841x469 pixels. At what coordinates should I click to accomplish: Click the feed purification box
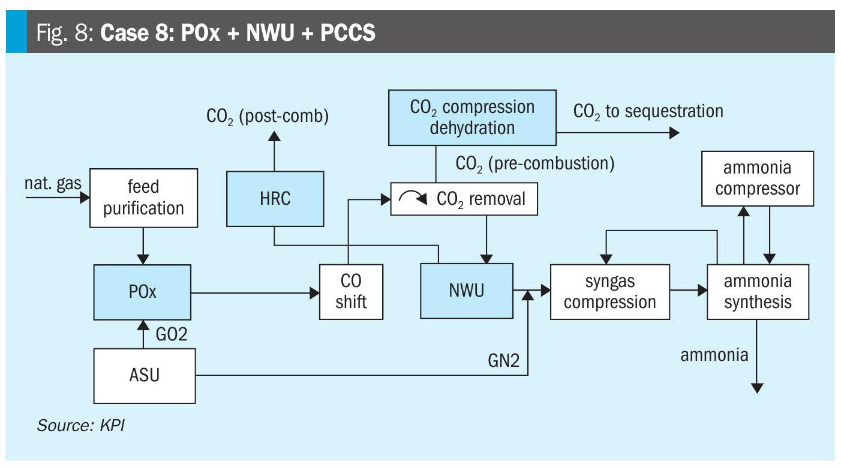click(x=143, y=198)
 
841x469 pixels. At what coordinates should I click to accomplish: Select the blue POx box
click(x=143, y=292)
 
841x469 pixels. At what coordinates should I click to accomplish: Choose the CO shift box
click(x=351, y=292)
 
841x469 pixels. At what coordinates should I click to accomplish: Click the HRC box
click(x=275, y=199)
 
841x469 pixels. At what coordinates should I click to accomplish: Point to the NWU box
click(x=465, y=292)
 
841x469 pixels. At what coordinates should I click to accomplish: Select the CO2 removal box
click(x=464, y=199)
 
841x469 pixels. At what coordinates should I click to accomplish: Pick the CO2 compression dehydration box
click(x=472, y=118)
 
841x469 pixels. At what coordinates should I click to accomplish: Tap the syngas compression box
click(x=609, y=292)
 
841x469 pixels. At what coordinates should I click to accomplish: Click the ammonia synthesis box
click(x=757, y=292)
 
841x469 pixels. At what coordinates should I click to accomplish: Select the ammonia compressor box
click(x=758, y=179)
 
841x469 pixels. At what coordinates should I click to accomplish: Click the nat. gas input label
click(x=53, y=183)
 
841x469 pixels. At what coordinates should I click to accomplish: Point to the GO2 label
click(x=170, y=334)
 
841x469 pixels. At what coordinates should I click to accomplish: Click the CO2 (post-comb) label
click(x=268, y=115)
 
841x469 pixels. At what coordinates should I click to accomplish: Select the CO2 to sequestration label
click(x=648, y=111)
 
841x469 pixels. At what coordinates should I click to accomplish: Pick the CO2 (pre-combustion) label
click(x=535, y=163)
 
